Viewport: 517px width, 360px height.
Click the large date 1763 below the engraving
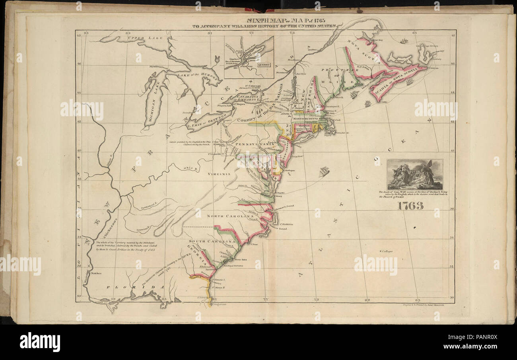pyautogui.click(x=409, y=206)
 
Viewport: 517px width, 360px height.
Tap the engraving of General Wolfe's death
pyautogui.click(x=414, y=175)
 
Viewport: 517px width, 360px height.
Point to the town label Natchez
pyautogui.click(x=96, y=273)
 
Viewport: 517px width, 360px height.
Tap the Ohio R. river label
pyautogui.click(x=190, y=168)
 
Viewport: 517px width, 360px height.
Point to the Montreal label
pyautogui.click(x=282, y=72)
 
